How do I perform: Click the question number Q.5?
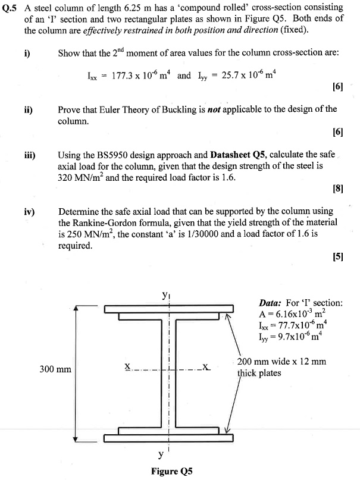[x=11, y=8]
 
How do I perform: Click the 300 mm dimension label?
[x=55, y=369]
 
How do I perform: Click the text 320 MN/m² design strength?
[x=83, y=178]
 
